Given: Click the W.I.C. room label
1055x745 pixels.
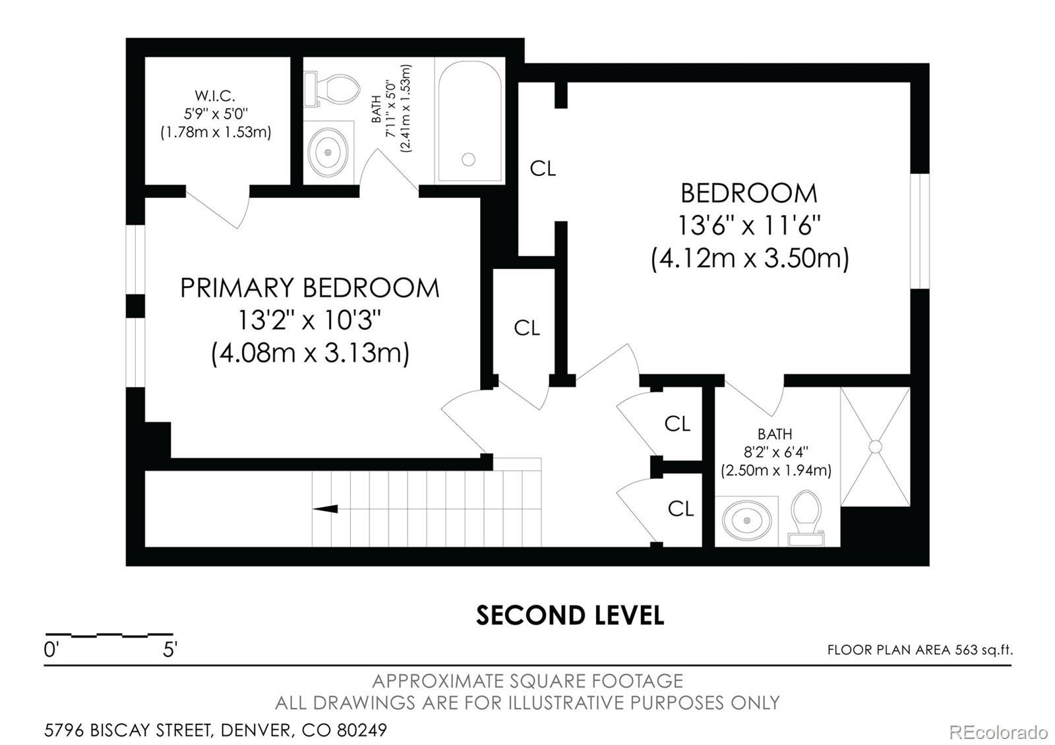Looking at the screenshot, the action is click(215, 96).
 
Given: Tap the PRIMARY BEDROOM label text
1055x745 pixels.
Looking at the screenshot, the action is click(310, 287).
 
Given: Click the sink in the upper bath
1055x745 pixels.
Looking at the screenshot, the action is click(328, 152).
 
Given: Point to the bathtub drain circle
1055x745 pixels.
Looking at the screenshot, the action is click(468, 160).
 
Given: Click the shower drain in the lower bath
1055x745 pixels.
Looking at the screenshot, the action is click(875, 446).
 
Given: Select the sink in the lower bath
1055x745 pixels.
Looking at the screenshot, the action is click(747, 520).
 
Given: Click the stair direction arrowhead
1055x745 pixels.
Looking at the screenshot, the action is click(325, 508).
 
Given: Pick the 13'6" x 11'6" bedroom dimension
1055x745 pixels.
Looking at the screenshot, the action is click(749, 225).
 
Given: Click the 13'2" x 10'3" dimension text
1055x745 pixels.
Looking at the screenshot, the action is click(309, 320).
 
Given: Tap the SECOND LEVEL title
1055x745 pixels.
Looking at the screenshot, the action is click(570, 616).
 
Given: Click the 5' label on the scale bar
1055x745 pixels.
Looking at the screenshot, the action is click(169, 649).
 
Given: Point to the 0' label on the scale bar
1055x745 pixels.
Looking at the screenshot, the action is click(50, 649).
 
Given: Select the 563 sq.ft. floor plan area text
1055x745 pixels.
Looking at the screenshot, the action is click(984, 650).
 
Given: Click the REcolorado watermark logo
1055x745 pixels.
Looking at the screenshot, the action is click(998, 732).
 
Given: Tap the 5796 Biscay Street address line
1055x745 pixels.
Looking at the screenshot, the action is click(215, 730).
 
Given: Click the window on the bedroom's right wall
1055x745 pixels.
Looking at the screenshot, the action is click(919, 231).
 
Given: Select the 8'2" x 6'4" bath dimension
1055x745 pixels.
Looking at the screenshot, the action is click(775, 452).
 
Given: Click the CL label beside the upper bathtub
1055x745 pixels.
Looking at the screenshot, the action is click(543, 168).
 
